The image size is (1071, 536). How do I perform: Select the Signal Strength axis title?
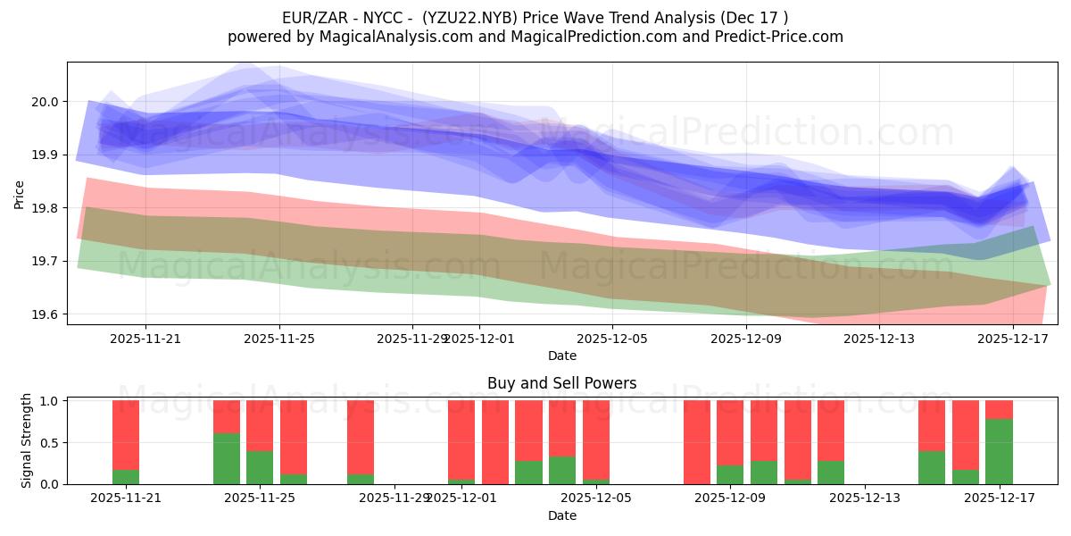[x=27, y=440]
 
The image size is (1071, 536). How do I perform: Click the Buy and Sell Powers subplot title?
[x=561, y=383]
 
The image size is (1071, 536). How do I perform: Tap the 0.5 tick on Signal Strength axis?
[x=49, y=442]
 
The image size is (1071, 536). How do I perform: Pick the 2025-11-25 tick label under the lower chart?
[x=260, y=498]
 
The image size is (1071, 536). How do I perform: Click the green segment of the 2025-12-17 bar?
[x=999, y=451]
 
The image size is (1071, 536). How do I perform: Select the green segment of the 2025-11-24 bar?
[x=227, y=458]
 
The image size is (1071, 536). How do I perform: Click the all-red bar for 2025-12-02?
[x=495, y=442]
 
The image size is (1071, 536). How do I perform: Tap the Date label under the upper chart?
[x=561, y=356]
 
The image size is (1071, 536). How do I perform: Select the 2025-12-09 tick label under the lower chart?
[x=730, y=498]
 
